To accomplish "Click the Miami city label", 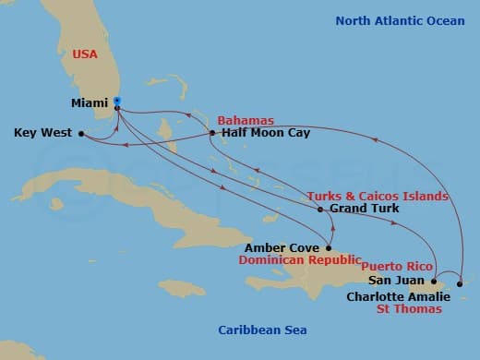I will pyautogui.click(x=90, y=102).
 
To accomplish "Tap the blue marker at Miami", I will pyautogui.click(x=117, y=102).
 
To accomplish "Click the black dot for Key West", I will pyautogui.click(x=81, y=133).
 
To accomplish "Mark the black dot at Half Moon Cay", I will pyautogui.click(x=212, y=133).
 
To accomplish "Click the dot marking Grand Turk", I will pyautogui.click(x=320, y=210).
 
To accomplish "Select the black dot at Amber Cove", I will pyautogui.click(x=330, y=247).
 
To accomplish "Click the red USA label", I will pyautogui.click(x=85, y=54).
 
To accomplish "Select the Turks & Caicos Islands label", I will pyautogui.click(x=377, y=196).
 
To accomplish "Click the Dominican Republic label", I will pyautogui.click(x=298, y=261).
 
